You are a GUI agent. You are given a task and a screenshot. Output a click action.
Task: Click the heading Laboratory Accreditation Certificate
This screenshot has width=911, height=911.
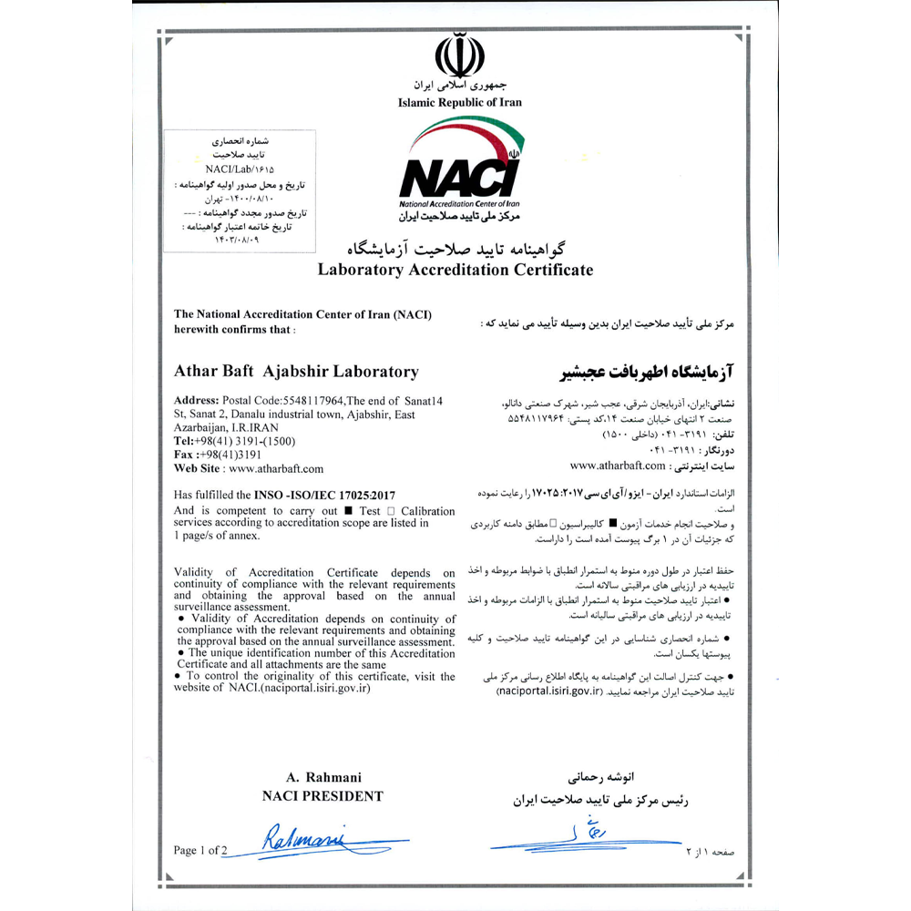tap(455, 270)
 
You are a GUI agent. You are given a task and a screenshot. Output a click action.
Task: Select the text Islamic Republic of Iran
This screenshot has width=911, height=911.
tap(460, 102)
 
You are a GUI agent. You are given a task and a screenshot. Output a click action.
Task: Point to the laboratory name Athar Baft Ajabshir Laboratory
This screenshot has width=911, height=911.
tap(296, 371)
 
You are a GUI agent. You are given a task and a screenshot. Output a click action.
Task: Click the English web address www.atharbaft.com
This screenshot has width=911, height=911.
tap(276, 468)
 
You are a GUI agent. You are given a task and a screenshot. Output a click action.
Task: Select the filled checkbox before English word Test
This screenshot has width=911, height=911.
tap(350, 510)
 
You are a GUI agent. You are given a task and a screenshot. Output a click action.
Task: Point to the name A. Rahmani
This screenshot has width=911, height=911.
tap(322, 777)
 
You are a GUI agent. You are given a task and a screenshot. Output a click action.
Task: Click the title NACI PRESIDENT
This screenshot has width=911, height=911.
tap(322, 795)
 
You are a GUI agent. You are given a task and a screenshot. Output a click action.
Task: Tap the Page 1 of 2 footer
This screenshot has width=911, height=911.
tap(200, 850)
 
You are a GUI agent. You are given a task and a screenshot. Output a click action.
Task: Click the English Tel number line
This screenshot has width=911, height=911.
tap(233, 440)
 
